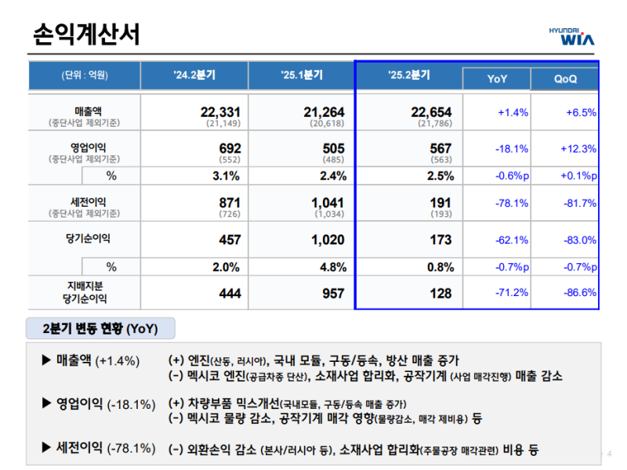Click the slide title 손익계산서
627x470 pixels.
(x=87, y=34)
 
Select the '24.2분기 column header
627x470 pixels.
(x=194, y=75)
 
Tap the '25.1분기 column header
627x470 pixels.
(x=302, y=75)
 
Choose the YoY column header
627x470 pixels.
(x=497, y=79)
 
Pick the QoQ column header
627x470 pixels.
(x=565, y=79)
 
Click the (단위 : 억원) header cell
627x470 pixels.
(x=85, y=75)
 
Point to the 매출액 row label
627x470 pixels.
(x=85, y=112)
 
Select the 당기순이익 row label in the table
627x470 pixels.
(x=85, y=238)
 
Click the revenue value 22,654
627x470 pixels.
(x=431, y=113)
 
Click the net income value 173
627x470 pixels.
(x=440, y=240)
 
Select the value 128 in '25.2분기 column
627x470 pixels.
(x=440, y=293)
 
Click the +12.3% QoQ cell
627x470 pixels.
(x=578, y=149)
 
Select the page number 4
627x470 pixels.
(x=610, y=453)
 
